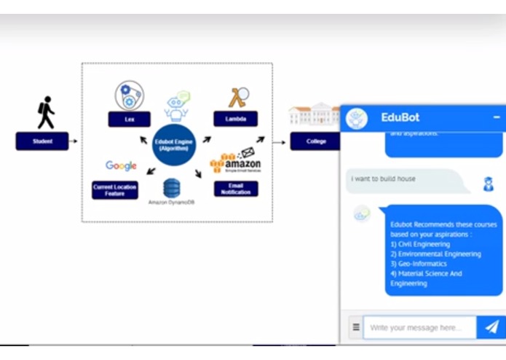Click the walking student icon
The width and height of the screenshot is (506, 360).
click(x=45, y=112)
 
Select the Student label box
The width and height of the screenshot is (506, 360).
click(x=42, y=141)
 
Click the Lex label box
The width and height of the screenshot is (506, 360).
click(x=129, y=120)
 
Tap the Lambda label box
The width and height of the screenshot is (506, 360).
click(x=235, y=120)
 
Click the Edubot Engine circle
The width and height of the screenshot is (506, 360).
click(x=174, y=144)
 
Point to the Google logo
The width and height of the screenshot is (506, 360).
click(x=121, y=166)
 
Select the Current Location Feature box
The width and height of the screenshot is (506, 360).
click(x=114, y=191)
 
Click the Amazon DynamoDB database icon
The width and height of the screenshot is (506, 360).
click(x=172, y=187)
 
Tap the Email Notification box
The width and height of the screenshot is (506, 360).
click(x=235, y=189)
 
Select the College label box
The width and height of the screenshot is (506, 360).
click(x=315, y=141)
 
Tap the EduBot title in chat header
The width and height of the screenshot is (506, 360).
click(x=400, y=117)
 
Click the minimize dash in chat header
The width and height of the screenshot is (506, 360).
click(x=497, y=117)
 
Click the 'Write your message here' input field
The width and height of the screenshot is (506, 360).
click(x=419, y=328)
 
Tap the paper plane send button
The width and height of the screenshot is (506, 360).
click(x=491, y=328)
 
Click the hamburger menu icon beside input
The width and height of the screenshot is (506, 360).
click(x=356, y=328)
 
